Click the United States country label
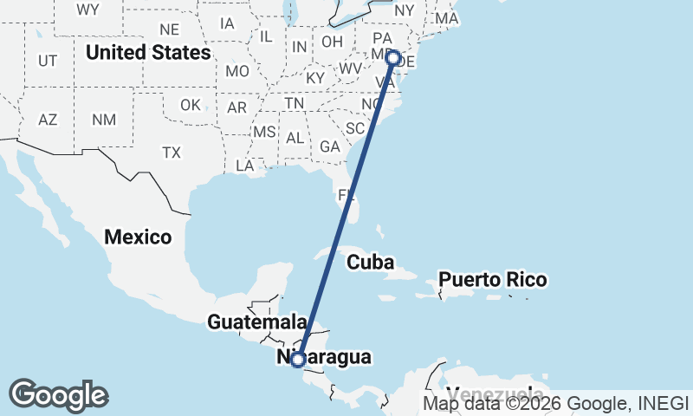click(147, 53)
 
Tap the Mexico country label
click(139, 236)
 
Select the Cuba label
click(371, 262)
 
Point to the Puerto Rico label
click(492, 280)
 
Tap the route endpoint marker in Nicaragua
click(298, 359)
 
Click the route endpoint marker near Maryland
click(392, 58)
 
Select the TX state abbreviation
click(172, 153)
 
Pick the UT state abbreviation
click(48, 61)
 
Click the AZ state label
click(48, 120)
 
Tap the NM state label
click(104, 120)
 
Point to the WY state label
click(87, 10)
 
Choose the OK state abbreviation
click(191, 105)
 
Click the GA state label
click(329, 146)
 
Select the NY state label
click(405, 11)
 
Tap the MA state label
click(447, 17)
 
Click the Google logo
click(58, 394)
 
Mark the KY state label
click(315, 78)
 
